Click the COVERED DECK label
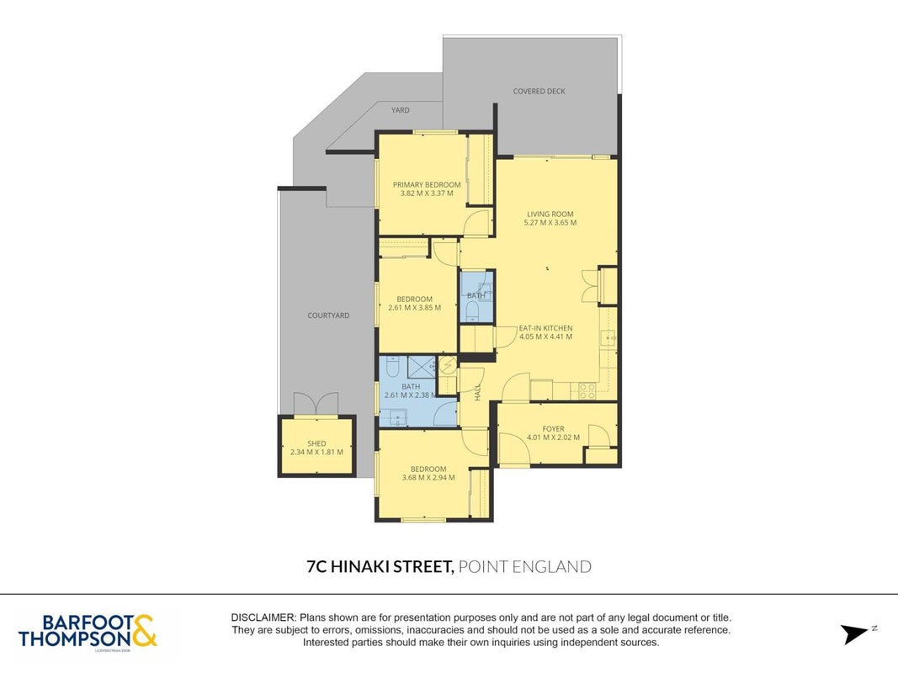(539, 91)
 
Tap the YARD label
(401, 110)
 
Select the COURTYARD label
(328, 315)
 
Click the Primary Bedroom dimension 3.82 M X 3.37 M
(427, 193)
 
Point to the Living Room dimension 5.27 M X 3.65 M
(550, 223)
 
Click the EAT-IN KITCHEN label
(546, 328)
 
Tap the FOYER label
(553, 429)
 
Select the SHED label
(316, 443)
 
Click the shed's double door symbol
(316, 403)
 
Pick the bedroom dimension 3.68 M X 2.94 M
(428, 477)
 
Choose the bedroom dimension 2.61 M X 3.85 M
(415, 307)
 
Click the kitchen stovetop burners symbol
(587, 391)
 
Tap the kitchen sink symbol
(608, 338)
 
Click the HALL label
(478, 392)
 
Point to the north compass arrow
(856, 633)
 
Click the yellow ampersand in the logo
(145, 631)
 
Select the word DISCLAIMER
(263, 617)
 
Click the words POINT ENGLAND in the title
(525, 566)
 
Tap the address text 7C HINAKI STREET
(380, 566)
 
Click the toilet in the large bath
(393, 366)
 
